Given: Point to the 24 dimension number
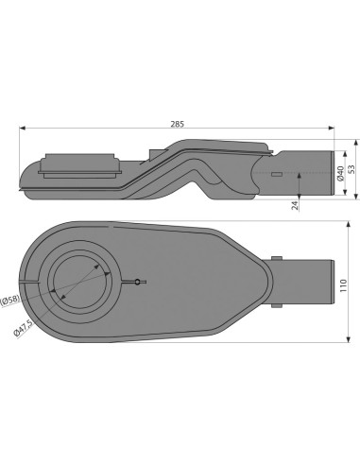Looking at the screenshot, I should tap(296, 202).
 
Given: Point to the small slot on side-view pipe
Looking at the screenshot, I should tap(275, 175).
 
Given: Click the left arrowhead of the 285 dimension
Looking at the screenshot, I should tap(21, 129).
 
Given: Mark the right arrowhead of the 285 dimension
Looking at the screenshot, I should tap(332, 129).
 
